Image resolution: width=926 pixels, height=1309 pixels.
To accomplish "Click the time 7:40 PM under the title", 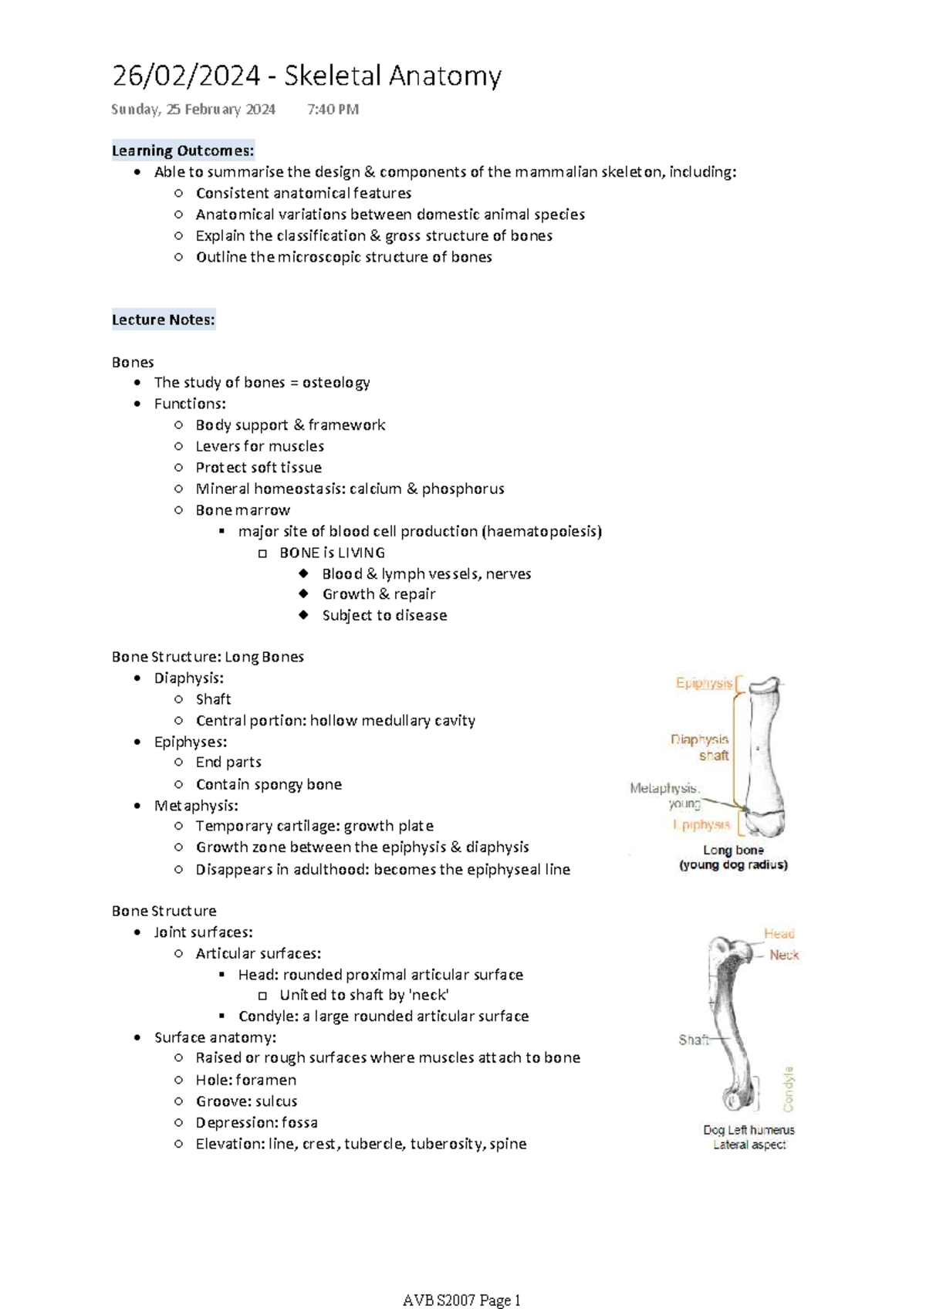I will (x=333, y=110).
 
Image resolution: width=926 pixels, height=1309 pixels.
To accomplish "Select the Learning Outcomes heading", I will (x=183, y=151).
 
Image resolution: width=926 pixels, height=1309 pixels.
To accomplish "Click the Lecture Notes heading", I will (x=163, y=320).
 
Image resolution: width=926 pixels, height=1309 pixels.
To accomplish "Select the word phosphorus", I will (x=463, y=489).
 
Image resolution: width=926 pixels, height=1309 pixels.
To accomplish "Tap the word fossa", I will (x=299, y=1122).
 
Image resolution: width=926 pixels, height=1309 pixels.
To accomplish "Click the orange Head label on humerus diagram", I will (x=779, y=934).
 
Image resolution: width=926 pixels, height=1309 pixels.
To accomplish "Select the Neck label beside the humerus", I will (x=784, y=955).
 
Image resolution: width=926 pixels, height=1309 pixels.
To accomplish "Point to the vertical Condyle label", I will (x=789, y=1089).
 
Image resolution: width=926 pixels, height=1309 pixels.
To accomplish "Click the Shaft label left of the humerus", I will (x=693, y=1040).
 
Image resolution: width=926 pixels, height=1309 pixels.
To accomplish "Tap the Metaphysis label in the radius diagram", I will (x=664, y=788).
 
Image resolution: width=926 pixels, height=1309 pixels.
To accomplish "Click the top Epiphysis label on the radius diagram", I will (x=704, y=683).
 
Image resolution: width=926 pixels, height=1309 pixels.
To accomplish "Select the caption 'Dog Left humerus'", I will (x=749, y=1130).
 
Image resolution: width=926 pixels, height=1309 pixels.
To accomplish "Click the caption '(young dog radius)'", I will (x=733, y=865).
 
